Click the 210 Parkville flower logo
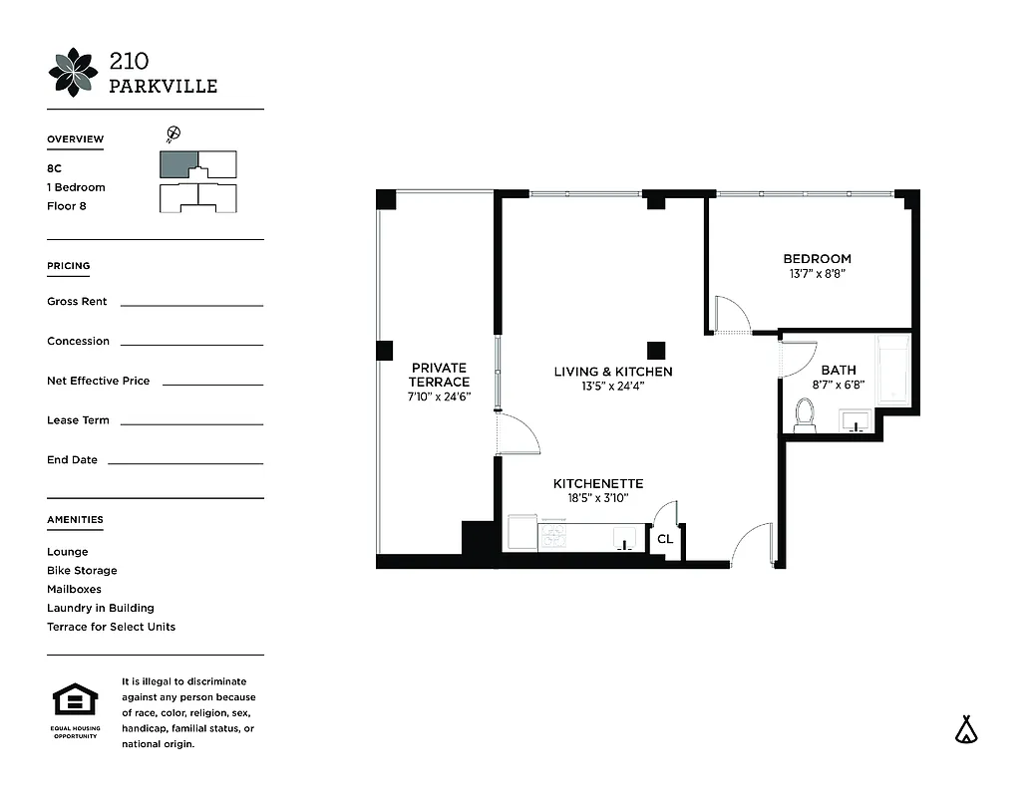[x=74, y=72]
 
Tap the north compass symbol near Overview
[x=172, y=133]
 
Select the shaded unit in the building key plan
[x=179, y=164]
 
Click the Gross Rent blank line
[x=191, y=305]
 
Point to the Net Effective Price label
[x=98, y=381]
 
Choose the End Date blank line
[x=184, y=463]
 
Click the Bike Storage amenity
[x=82, y=571]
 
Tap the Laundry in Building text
[x=100, y=608]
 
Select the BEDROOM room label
[x=817, y=259]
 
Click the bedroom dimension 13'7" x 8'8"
[x=817, y=273]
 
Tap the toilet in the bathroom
[x=805, y=414]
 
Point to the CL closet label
[x=665, y=539]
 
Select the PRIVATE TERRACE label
[x=439, y=375]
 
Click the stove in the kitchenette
[x=553, y=534]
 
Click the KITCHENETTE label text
[x=598, y=483]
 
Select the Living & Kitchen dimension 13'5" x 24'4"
[x=613, y=386]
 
